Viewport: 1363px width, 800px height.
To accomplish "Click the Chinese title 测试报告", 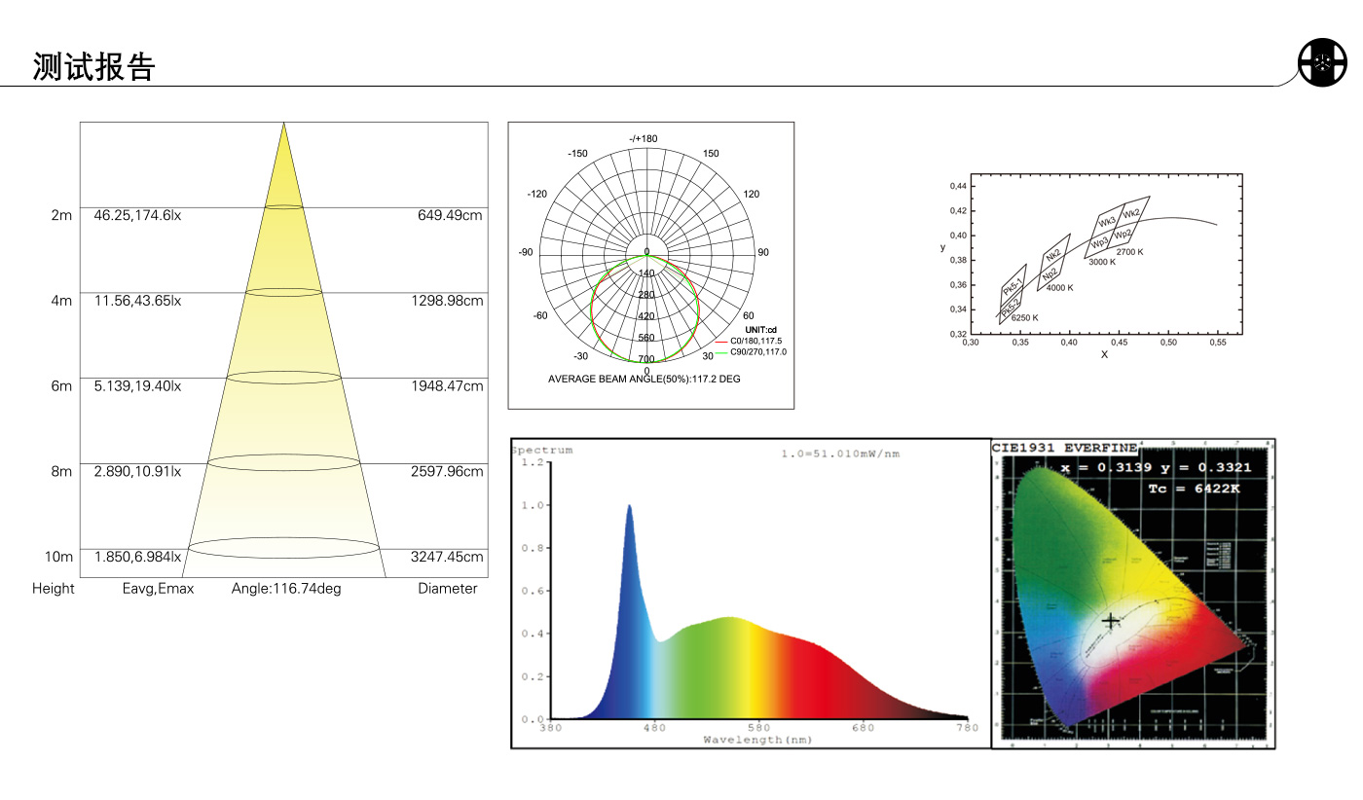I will tap(94, 66).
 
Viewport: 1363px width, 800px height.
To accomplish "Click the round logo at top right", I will tap(1321, 63).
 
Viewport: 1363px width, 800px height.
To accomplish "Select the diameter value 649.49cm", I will tap(450, 215).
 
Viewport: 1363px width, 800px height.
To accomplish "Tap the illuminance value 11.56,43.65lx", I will tap(137, 301).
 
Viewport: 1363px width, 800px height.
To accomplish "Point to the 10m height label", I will tap(59, 557).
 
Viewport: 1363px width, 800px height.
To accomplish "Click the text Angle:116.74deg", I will tap(286, 588).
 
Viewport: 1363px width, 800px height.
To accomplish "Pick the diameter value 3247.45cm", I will tap(447, 557).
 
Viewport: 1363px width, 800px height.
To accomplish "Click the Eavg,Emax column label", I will tap(158, 588).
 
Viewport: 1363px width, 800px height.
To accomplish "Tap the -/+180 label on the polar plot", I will tap(644, 138).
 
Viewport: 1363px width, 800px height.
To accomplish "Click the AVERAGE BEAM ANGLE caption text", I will tap(644, 379).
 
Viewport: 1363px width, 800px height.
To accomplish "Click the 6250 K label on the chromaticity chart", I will tap(1024, 317).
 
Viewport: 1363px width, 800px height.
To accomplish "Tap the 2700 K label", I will tap(1129, 251).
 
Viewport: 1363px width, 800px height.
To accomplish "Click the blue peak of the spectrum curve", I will tap(629, 507).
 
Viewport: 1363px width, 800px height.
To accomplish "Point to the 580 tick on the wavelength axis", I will tap(758, 727).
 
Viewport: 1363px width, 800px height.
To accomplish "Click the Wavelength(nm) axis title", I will tap(757, 740).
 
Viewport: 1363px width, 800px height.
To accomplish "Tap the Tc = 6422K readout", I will tap(1194, 489).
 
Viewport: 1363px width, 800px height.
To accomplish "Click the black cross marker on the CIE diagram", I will tap(1111, 620).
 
